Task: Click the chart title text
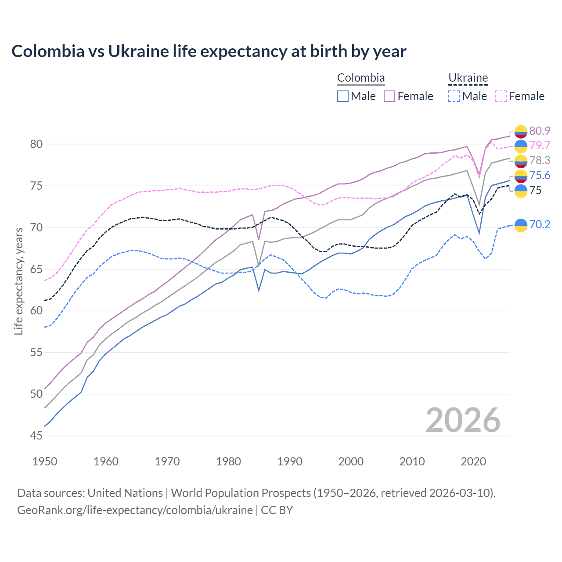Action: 209,51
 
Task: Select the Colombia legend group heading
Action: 361,78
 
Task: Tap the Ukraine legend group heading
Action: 468,78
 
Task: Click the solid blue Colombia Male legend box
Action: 343,96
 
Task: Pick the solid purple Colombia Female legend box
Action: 389,96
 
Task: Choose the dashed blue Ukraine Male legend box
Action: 454,96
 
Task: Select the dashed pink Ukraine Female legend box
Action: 501,96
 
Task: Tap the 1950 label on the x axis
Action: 45,461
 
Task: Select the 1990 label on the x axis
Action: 290,461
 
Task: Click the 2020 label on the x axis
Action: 473,461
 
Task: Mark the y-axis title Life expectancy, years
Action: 18,281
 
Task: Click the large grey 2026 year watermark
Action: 463,420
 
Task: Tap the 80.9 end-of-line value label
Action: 540,131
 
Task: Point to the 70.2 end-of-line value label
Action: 540,225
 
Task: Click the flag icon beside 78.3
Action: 521,161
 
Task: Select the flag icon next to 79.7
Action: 521,146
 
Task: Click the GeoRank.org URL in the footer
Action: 135,510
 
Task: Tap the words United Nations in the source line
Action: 125,493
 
